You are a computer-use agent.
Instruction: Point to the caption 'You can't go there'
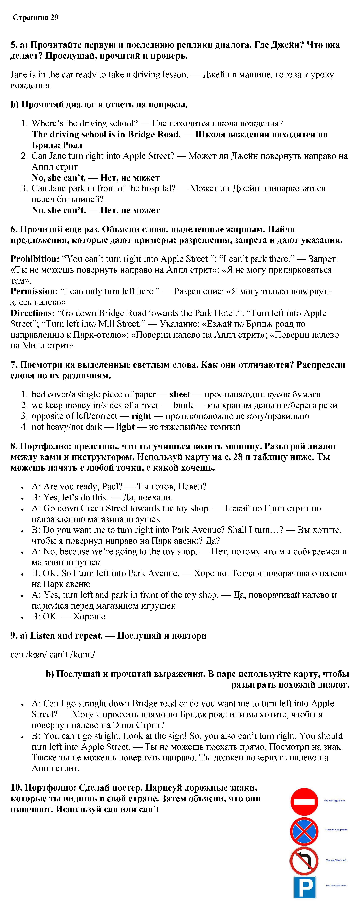point(334,801)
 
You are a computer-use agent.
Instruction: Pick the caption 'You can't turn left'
point(336,860)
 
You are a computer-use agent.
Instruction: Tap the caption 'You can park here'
point(336,885)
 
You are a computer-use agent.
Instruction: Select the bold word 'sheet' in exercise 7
point(180,394)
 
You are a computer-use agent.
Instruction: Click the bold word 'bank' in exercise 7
point(183,405)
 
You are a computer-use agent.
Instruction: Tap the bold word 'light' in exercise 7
point(125,427)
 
